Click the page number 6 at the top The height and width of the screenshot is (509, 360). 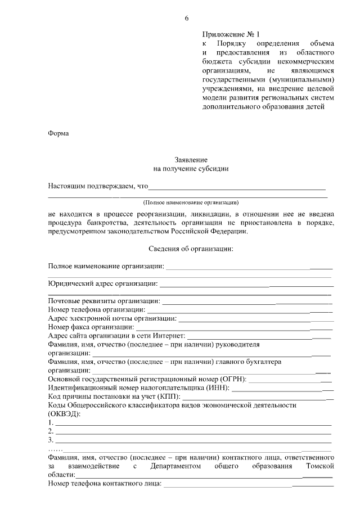point(186,19)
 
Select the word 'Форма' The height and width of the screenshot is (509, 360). point(58,133)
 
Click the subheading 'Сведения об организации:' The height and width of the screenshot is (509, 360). point(191,248)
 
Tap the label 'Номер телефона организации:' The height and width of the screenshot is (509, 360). point(97,310)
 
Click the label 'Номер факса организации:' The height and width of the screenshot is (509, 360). point(91,327)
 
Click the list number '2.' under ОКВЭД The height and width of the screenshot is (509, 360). point(51,431)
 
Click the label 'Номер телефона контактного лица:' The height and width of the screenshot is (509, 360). point(105,483)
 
